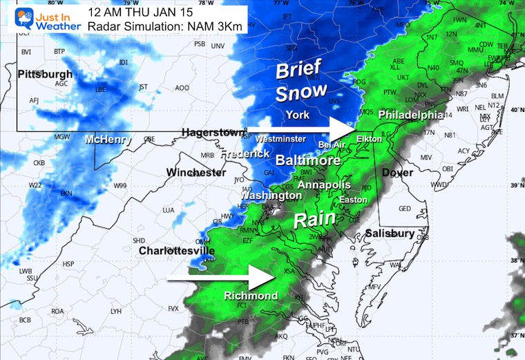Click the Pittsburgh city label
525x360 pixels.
pos(45,74)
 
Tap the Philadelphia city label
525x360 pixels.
pos(410,114)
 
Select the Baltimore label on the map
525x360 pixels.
pos(308,160)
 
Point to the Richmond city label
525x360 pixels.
pos(251,296)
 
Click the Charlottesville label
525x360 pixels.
pos(176,251)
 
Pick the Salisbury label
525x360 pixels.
pos(390,234)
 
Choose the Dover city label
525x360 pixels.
pos(397,173)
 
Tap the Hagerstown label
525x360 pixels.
pos(213,132)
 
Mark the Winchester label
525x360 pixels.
pos(196,171)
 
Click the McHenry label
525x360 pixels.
pos(108,140)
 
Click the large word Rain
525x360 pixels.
pos(316,220)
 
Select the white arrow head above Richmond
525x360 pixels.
pos(263,279)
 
